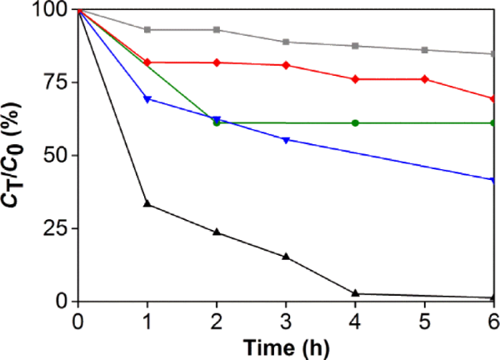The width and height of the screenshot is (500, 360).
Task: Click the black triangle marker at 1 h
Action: point(147,203)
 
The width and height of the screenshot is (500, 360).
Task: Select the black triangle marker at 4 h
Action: point(356,292)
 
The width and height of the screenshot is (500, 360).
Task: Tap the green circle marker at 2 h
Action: point(217,122)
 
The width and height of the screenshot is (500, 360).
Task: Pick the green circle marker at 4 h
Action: point(356,122)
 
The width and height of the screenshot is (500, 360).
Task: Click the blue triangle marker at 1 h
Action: point(147,99)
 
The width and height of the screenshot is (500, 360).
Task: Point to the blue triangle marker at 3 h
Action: point(287,139)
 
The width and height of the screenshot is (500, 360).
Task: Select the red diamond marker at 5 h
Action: point(425,79)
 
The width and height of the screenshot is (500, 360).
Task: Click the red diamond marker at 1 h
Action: point(147,62)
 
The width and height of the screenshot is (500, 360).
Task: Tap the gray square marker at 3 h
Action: point(287,42)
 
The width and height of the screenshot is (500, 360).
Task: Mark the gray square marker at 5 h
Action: point(425,50)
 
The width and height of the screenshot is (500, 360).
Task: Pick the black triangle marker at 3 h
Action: point(287,256)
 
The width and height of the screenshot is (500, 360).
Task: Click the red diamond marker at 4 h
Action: point(356,79)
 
